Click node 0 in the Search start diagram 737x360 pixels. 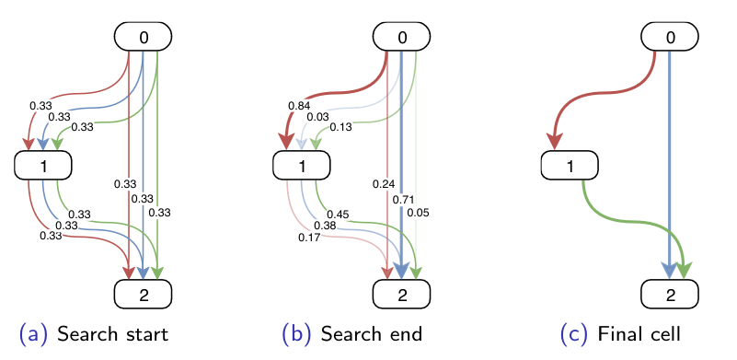144,36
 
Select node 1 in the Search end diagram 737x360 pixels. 302,166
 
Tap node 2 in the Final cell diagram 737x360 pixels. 670,295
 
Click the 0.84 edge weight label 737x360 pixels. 299,105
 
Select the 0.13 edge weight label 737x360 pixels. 340,126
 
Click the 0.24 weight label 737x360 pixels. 384,183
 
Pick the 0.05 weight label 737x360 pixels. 419,213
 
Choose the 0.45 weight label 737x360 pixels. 338,215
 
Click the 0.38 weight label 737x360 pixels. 326,226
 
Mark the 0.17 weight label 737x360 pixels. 309,238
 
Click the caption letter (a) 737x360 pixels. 33,334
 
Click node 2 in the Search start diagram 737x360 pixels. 144,295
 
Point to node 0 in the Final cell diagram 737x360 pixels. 670,36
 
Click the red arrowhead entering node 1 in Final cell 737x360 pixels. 555,142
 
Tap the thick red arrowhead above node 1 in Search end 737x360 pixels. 287,142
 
